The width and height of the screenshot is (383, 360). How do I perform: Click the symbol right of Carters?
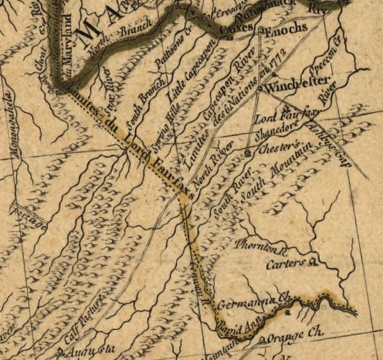pos(314,263)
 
